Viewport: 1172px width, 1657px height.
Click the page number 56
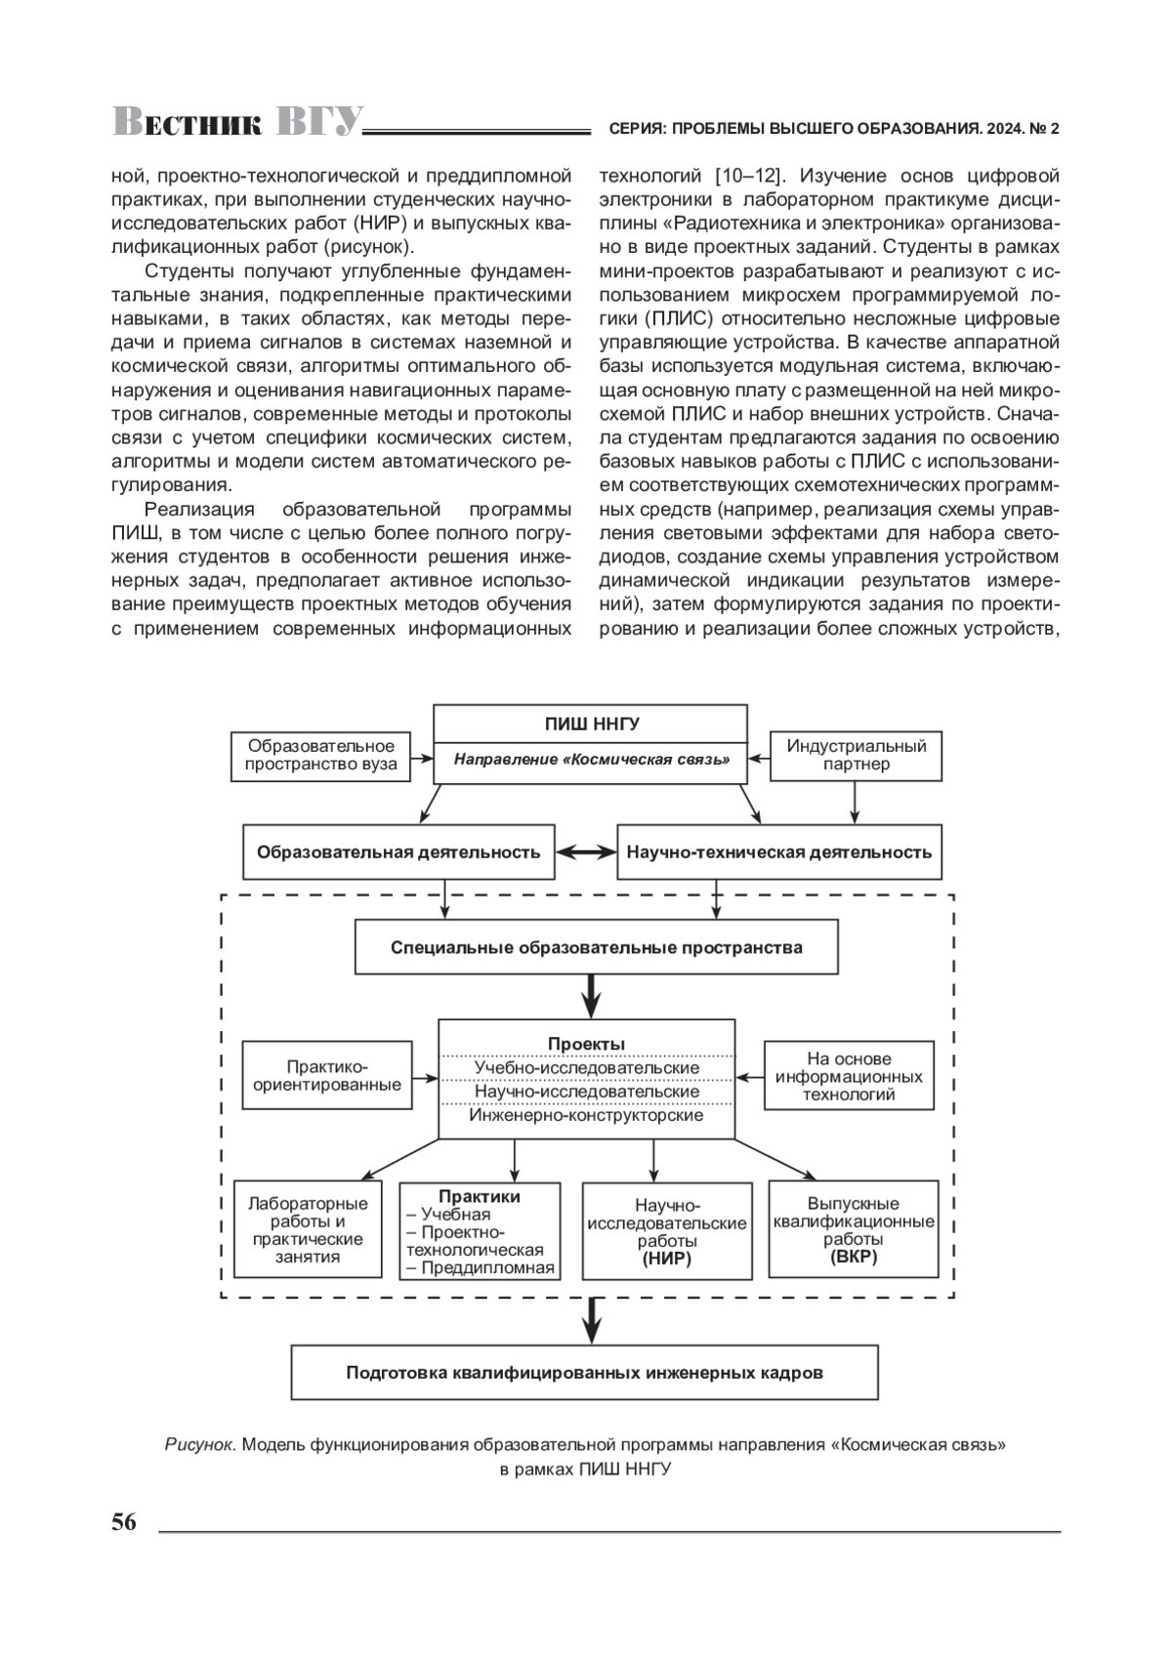(x=124, y=1522)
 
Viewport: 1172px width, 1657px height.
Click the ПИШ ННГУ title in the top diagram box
(x=591, y=724)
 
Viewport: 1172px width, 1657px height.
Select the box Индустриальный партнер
(x=856, y=755)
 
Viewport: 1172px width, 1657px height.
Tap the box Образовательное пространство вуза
(x=320, y=755)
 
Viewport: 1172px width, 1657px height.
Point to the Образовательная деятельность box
(x=398, y=852)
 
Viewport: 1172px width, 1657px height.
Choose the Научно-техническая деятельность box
(x=779, y=852)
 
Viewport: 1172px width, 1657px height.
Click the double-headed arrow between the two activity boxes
(x=585, y=852)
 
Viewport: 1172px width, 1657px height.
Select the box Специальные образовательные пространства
(x=596, y=947)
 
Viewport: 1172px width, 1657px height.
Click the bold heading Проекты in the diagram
(x=586, y=1044)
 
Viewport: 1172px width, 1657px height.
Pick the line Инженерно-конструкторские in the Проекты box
(x=586, y=1115)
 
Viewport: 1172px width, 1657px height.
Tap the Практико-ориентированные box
(x=327, y=1076)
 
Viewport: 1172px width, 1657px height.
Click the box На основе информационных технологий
(x=849, y=1076)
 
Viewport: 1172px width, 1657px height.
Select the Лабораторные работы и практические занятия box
(x=308, y=1230)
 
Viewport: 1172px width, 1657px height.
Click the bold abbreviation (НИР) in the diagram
(x=666, y=1259)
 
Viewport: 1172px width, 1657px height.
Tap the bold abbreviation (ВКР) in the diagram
(x=854, y=1257)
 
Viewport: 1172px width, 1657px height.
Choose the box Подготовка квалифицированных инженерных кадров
(x=584, y=1373)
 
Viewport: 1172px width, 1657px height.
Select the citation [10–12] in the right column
(x=747, y=176)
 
